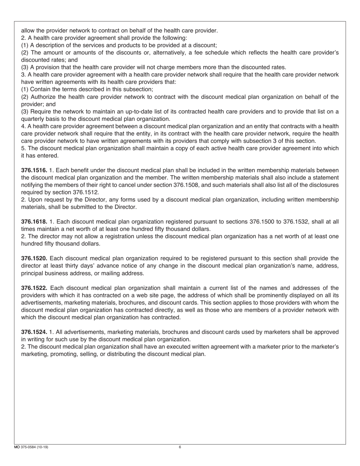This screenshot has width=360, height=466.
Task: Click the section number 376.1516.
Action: (x=34, y=170)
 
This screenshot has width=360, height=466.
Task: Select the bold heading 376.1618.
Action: (x=34, y=222)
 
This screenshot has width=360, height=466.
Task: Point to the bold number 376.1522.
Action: (x=34, y=288)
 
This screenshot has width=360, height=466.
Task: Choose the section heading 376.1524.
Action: (x=34, y=332)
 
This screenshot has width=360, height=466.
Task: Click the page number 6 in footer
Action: (x=180, y=447)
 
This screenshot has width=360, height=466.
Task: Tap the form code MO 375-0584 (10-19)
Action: (x=31, y=447)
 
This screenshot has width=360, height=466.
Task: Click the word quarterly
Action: (x=34, y=119)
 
